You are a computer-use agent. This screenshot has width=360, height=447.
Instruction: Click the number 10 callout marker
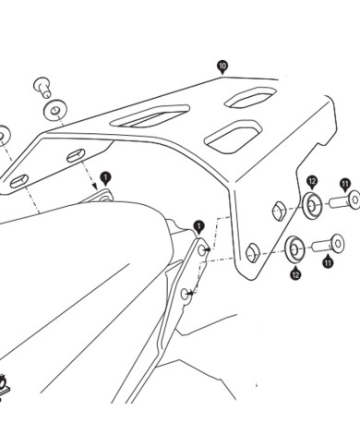222,66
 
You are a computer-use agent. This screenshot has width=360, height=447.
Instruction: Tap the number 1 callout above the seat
105,178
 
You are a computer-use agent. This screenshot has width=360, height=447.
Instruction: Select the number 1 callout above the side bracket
199,228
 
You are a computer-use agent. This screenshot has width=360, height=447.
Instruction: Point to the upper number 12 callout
312,182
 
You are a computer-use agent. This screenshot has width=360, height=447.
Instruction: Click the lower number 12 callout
295,273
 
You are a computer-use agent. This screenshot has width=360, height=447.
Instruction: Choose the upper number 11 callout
345,186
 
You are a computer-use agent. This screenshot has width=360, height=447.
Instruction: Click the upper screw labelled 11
344,200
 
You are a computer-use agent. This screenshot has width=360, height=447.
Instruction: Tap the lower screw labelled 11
328,244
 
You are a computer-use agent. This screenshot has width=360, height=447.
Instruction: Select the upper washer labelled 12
311,204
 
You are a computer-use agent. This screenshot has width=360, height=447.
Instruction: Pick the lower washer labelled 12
294,248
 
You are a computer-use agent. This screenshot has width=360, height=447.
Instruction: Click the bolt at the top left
42,87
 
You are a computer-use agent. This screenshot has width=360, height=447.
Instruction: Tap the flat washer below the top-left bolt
55,110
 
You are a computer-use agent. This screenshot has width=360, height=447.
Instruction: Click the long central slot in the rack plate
150,115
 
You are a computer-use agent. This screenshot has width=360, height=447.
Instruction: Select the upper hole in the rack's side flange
279,211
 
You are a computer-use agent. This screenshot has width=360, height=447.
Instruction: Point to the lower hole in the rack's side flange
253,252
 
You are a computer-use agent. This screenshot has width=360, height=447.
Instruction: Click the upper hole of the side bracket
202,250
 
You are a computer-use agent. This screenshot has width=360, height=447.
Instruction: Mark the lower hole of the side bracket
186,295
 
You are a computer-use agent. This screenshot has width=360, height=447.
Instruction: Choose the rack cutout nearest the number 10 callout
250,97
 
